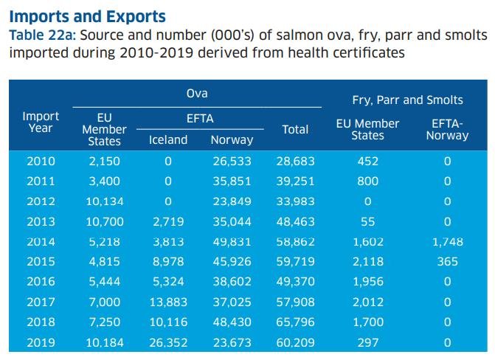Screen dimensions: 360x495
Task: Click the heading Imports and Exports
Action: [88, 15]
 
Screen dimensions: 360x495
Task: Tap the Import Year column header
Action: [41, 122]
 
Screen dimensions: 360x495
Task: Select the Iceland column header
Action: [168, 139]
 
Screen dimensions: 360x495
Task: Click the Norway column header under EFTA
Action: [232, 139]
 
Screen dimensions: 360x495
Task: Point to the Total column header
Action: [295, 129]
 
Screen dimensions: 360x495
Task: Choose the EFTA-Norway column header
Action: [447, 129]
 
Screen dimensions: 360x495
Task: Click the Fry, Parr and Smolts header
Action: [408, 100]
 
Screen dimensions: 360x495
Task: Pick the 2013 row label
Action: [41, 221]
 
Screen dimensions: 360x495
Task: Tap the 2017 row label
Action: [41, 302]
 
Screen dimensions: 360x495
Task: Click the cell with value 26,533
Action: [232, 161]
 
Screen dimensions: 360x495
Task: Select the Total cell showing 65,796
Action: [295, 322]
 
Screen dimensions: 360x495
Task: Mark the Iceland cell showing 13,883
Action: [168, 302]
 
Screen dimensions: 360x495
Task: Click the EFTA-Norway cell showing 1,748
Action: [447, 241]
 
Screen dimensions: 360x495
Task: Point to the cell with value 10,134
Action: [104, 201]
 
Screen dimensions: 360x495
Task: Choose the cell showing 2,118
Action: [367, 262]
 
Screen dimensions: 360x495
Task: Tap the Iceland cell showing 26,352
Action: [168, 342]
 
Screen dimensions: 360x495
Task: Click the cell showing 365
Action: [447, 262]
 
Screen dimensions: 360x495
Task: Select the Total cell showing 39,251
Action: [295, 181]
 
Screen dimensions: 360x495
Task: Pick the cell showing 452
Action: [367, 161]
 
